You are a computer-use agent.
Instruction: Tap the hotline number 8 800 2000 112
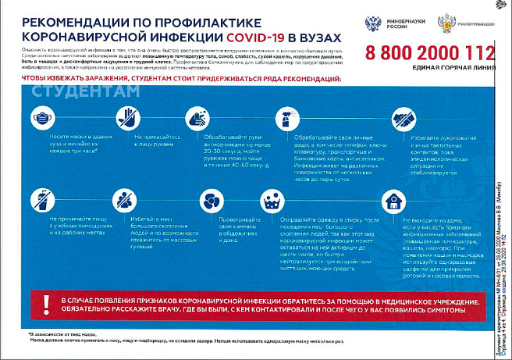coord(429,53)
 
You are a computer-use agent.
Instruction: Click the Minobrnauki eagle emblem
coord(373,23)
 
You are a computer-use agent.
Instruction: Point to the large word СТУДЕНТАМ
coord(87,91)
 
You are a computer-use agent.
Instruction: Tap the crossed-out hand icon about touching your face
coord(127,117)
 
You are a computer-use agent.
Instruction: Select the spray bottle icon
coord(286,117)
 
